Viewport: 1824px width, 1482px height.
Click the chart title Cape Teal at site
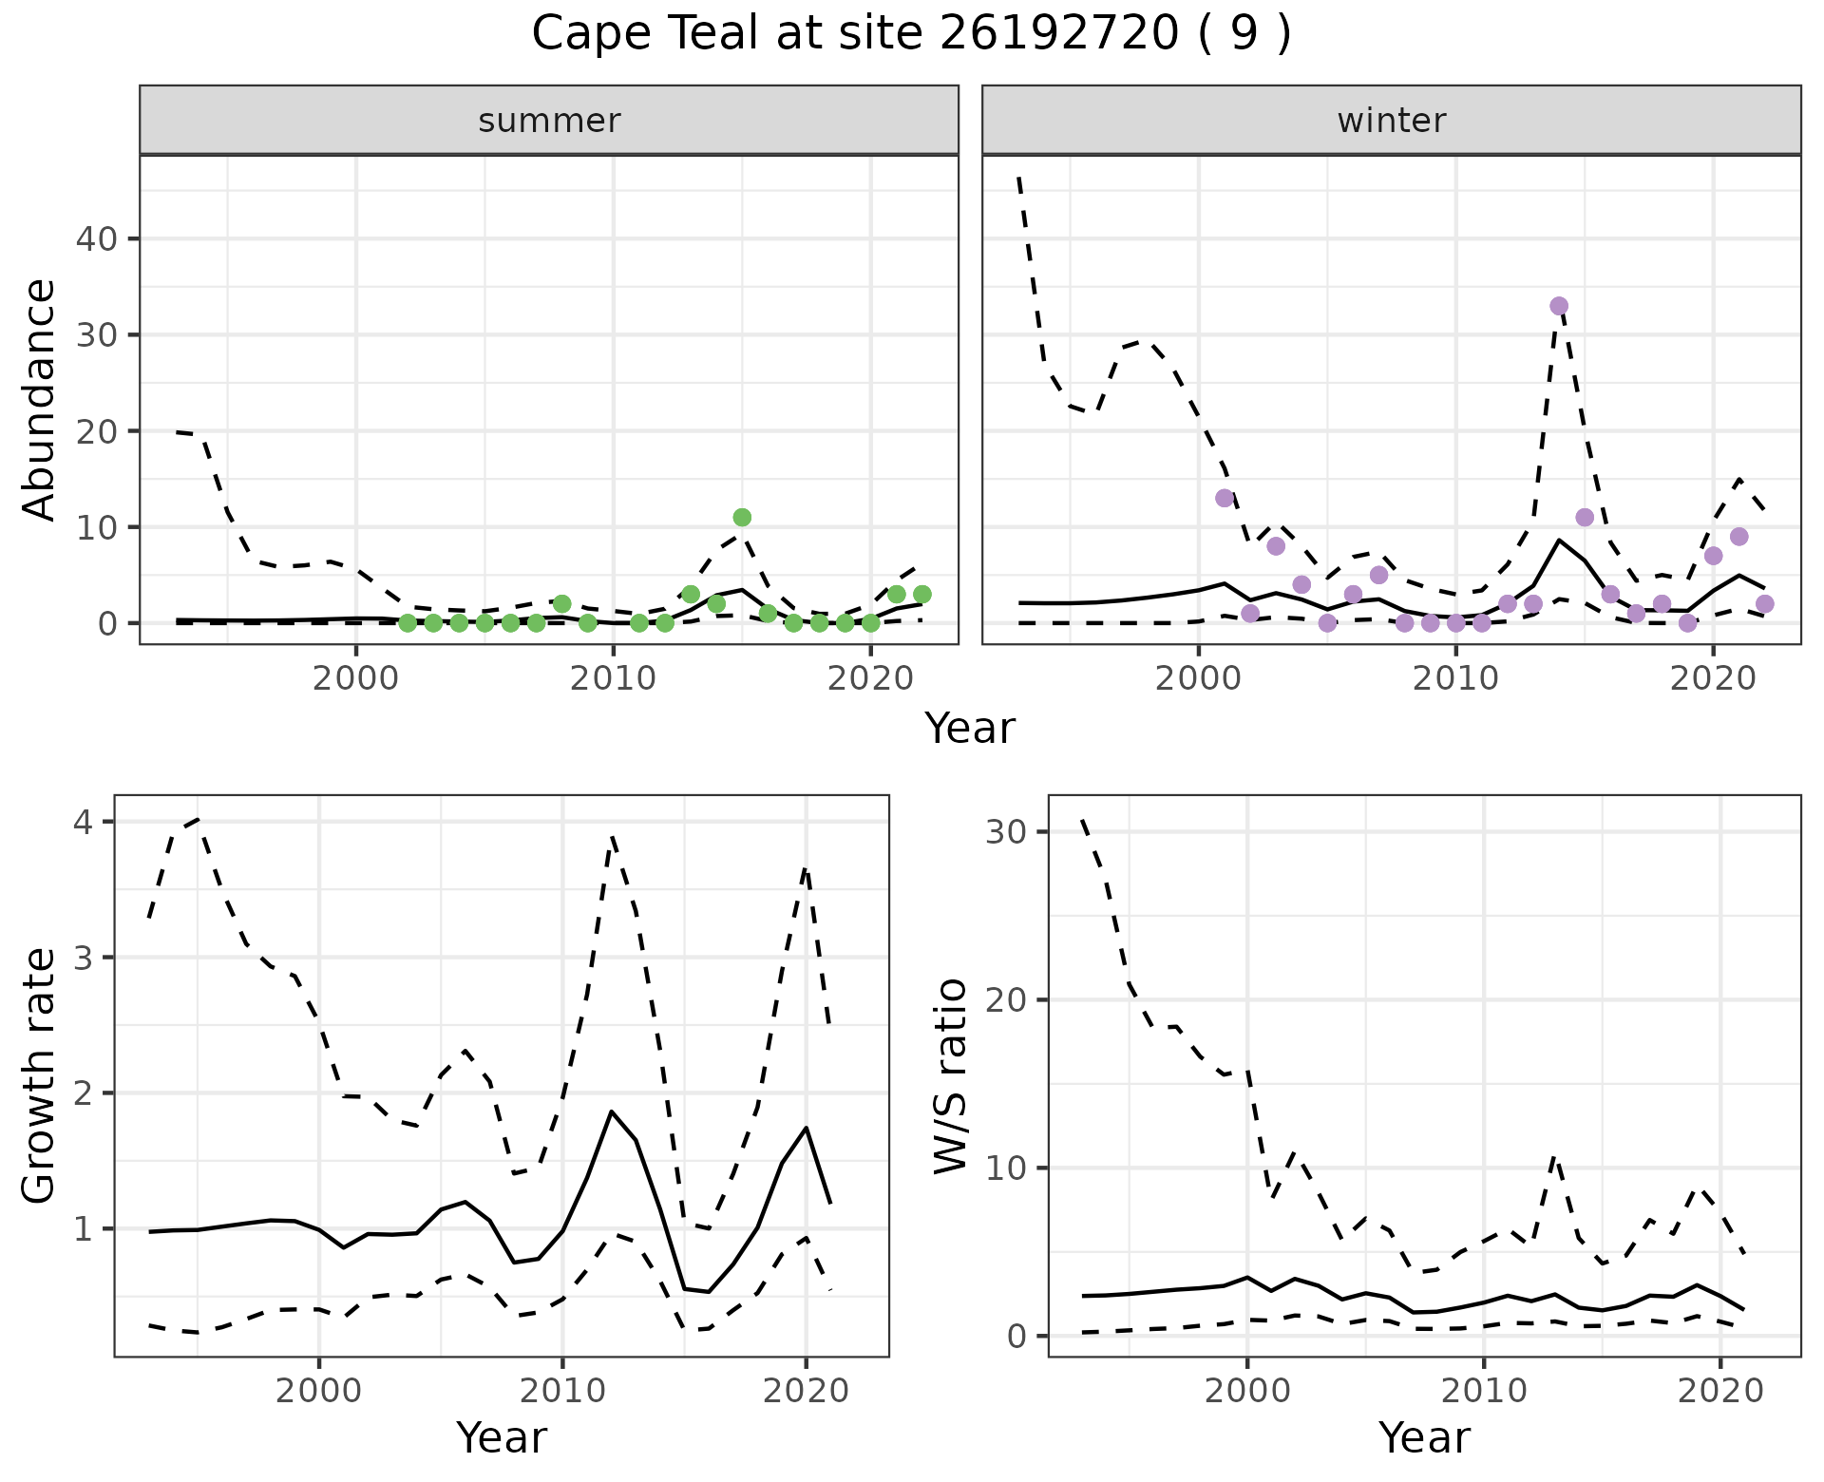[x=911, y=34]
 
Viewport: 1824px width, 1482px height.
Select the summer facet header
[x=549, y=121]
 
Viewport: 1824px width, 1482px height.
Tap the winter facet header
[x=1391, y=121]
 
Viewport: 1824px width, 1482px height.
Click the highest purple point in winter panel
[x=1559, y=306]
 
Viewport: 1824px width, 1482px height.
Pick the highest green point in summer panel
[x=742, y=517]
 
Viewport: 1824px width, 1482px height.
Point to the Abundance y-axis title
[x=39, y=399]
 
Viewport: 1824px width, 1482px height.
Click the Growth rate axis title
[x=39, y=1075]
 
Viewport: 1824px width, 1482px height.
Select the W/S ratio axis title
[x=951, y=1075]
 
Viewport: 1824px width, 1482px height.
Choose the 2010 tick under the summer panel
[x=613, y=678]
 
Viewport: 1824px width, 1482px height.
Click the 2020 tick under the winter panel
[x=1712, y=678]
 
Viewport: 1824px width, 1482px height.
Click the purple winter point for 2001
[x=1225, y=498]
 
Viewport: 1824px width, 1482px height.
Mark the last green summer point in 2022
[x=921, y=594]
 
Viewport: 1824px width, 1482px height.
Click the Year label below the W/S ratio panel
[x=1424, y=1438]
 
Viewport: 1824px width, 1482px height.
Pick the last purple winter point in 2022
[x=1764, y=603]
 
